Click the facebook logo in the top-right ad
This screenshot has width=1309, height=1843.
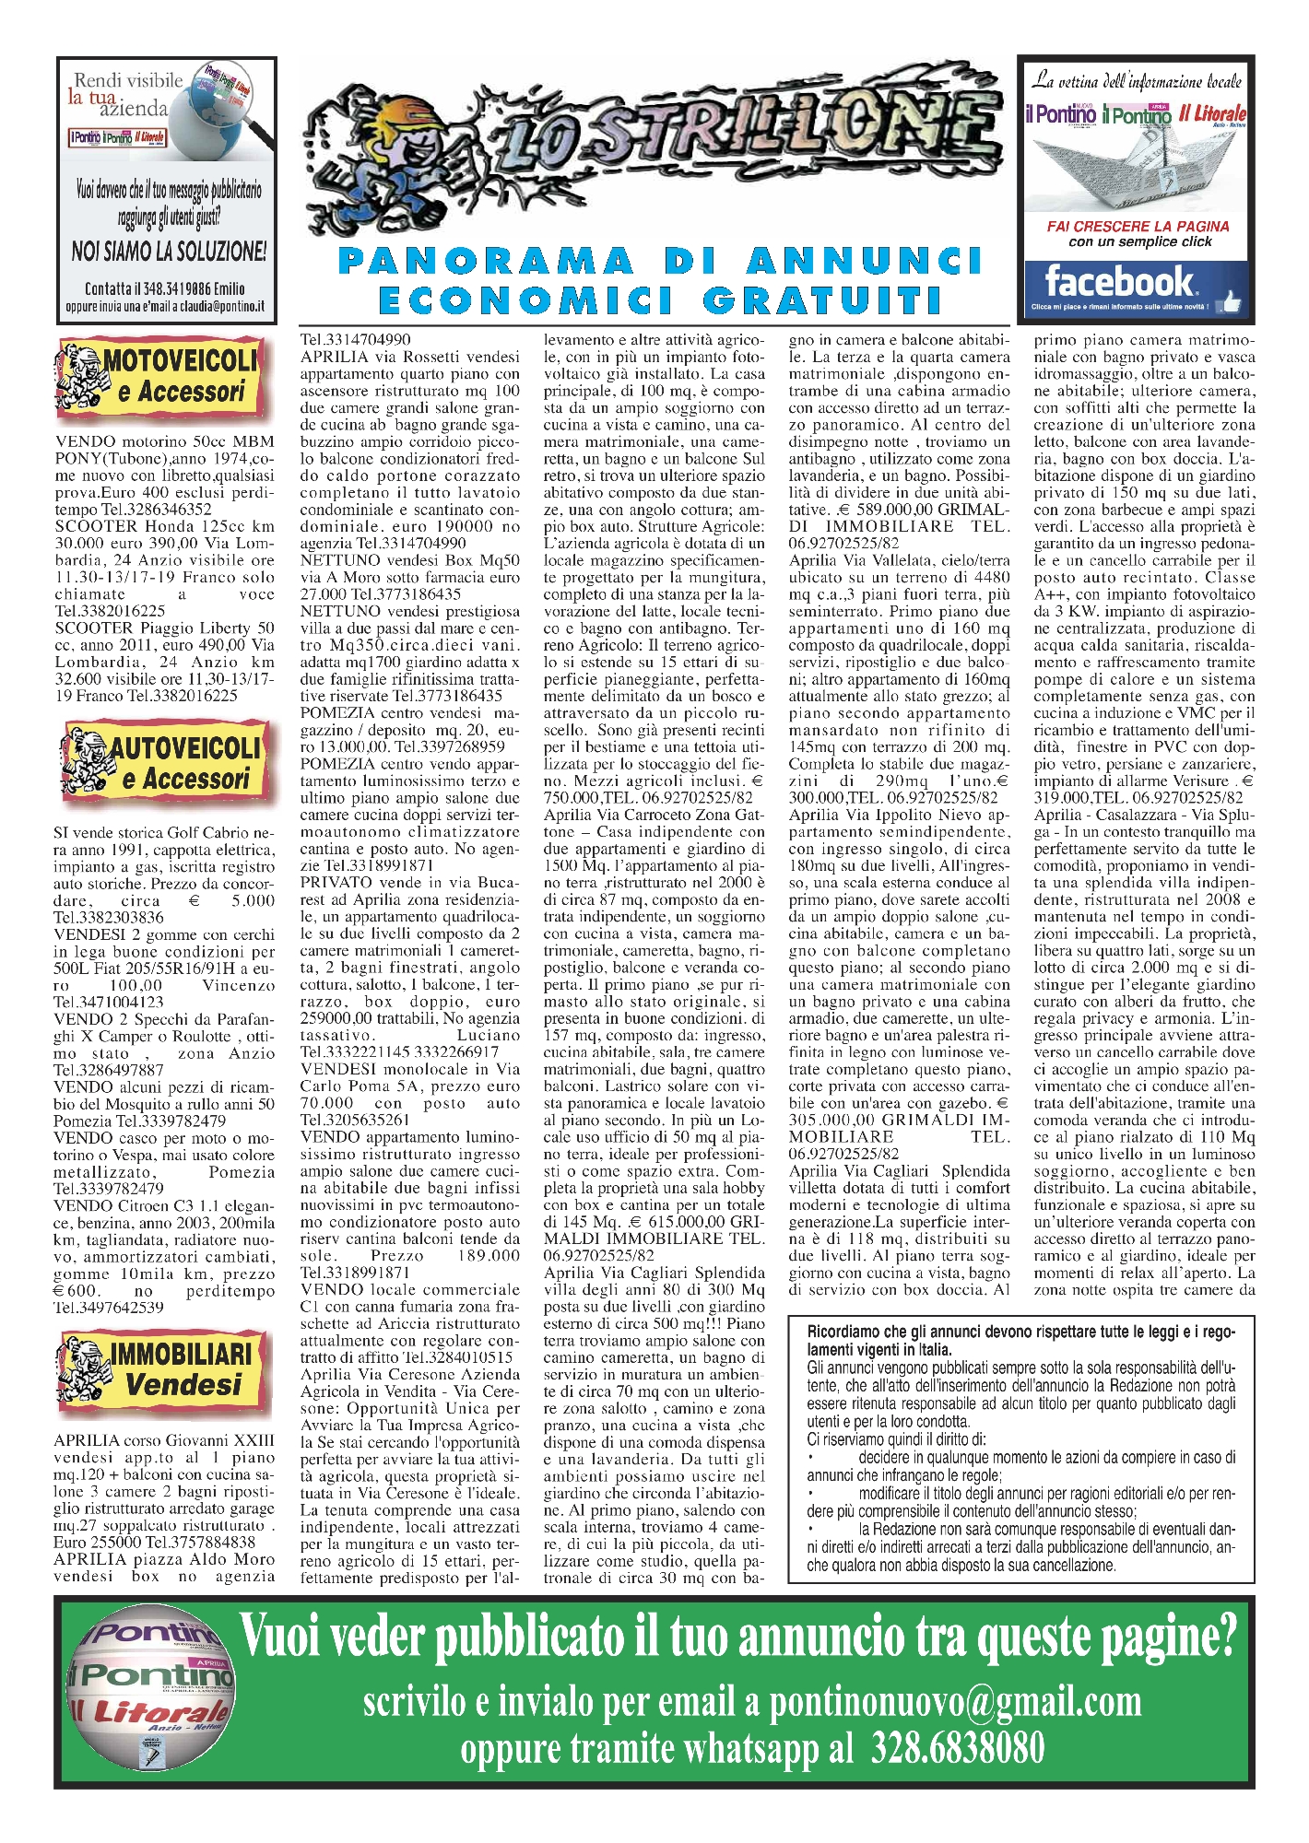pyautogui.click(x=1118, y=280)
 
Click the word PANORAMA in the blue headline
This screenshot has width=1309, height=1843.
pyautogui.click(x=486, y=262)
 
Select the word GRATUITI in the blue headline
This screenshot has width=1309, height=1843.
pyautogui.click(x=823, y=300)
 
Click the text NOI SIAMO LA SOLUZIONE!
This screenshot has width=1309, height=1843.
pyautogui.click(x=169, y=251)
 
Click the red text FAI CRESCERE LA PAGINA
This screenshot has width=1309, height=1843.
pyautogui.click(x=1138, y=226)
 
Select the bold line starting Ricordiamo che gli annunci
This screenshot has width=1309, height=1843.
pyautogui.click(x=1019, y=1332)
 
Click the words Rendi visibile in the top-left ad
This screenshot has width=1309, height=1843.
pyautogui.click(x=128, y=81)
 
